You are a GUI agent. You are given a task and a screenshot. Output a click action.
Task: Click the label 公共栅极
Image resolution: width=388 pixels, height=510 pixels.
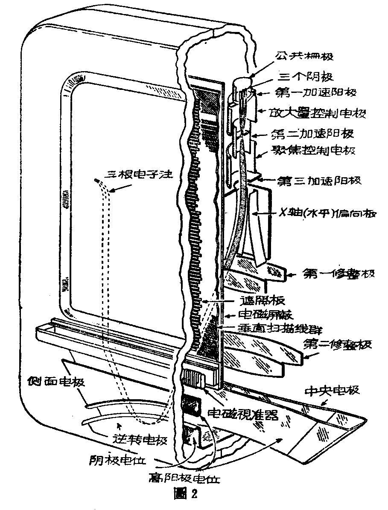[x=299, y=56]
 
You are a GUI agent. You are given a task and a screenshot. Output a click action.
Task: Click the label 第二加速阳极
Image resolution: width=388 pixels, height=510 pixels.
[x=314, y=133]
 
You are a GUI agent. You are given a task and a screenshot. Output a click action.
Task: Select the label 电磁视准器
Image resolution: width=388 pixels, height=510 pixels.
[x=243, y=413]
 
